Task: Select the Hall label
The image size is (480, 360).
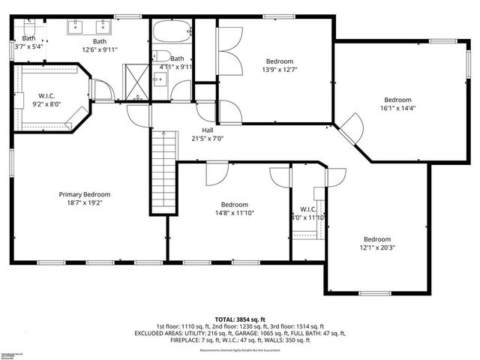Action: pyautogui.click(x=208, y=129)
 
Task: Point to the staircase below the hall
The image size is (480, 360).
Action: pyautogui.click(x=163, y=171)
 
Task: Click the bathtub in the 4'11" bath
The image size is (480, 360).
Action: pyautogui.click(x=172, y=33)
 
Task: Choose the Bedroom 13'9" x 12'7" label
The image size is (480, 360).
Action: pyautogui.click(x=278, y=61)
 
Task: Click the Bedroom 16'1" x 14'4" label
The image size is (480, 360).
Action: pyautogui.click(x=397, y=100)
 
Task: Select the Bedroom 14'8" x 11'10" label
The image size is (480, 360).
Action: pyautogui.click(x=234, y=204)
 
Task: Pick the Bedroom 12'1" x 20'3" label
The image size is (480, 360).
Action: pyautogui.click(x=377, y=239)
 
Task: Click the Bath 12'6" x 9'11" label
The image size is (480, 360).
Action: pyautogui.click(x=100, y=41)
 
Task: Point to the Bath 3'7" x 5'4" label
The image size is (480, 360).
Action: pyautogui.click(x=28, y=38)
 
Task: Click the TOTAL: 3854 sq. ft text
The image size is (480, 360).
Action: pyautogui.click(x=239, y=319)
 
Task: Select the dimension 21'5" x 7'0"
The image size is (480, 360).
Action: pyautogui.click(x=208, y=138)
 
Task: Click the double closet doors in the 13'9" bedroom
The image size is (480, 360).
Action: pyautogui.click(x=231, y=51)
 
